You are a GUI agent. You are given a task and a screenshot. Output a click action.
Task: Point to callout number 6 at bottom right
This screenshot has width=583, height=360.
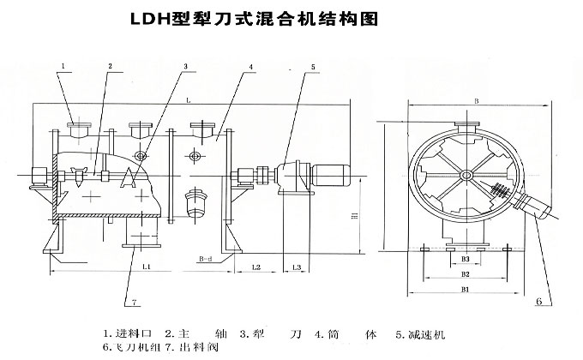click(x=538, y=302)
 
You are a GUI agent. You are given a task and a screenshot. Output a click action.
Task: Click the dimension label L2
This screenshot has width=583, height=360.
click(x=256, y=268)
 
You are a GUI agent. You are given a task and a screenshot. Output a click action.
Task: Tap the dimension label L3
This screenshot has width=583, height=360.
click(x=296, y=268)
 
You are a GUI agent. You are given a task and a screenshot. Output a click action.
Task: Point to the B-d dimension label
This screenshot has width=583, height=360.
click(x=205, y=256)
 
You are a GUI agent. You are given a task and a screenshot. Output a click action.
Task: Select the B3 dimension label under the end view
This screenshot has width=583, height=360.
click(x=466, y=257)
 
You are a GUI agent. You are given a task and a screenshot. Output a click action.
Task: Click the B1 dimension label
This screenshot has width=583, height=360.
click(x=466, y=291)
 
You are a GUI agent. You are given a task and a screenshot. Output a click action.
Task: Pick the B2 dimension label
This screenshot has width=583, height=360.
click(x=466, y=274)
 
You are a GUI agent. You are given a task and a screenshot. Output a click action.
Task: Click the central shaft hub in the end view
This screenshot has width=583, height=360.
click(x=466, y=177)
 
